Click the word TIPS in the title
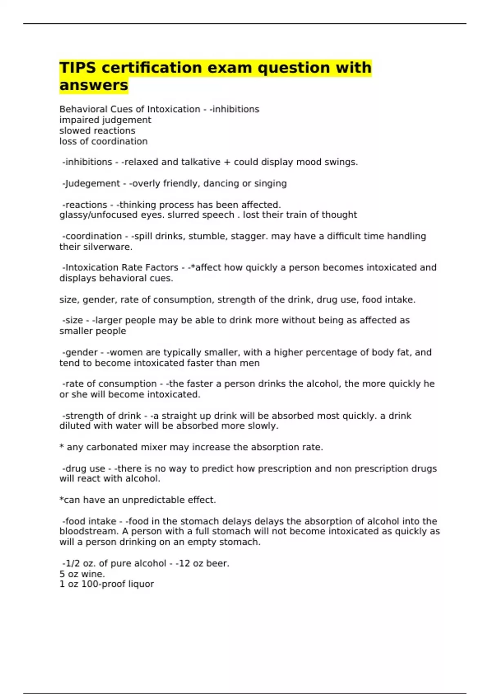click(78, 67)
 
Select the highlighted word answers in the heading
click(94, 85)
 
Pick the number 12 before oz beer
click(184, 563)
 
